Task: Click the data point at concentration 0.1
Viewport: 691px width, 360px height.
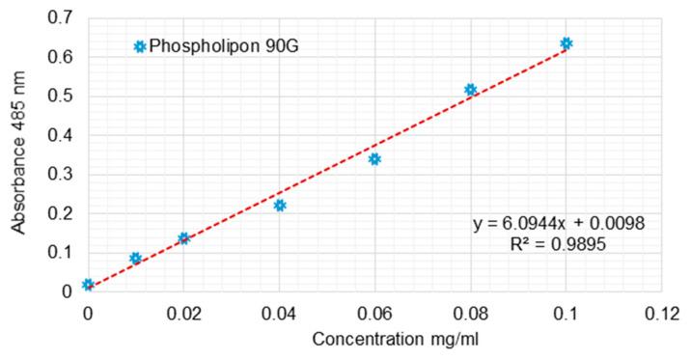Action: click(567, 43)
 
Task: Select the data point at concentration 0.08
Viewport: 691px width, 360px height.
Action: click(471, 90)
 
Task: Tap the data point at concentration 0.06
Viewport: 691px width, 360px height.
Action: click(374, 159)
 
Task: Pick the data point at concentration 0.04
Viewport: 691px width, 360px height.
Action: click(280, 206)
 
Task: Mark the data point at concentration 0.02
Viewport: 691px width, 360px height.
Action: click(183, 238)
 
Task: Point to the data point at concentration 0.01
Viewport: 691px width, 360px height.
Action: click(135, 259)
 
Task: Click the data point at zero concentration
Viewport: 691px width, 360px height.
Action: click(88, 285)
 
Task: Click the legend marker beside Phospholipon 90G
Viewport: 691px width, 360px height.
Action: click(140, 46)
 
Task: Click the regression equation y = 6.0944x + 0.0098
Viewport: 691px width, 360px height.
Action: click(559, 224)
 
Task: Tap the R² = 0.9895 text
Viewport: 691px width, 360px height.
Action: click(559, 245)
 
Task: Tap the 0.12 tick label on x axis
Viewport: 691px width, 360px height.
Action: click(662, 313)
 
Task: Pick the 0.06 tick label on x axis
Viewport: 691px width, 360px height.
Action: click(374, 313)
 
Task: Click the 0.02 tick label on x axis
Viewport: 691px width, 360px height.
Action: click(183, 313)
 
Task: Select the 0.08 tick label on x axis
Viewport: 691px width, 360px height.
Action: click(471, 313)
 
